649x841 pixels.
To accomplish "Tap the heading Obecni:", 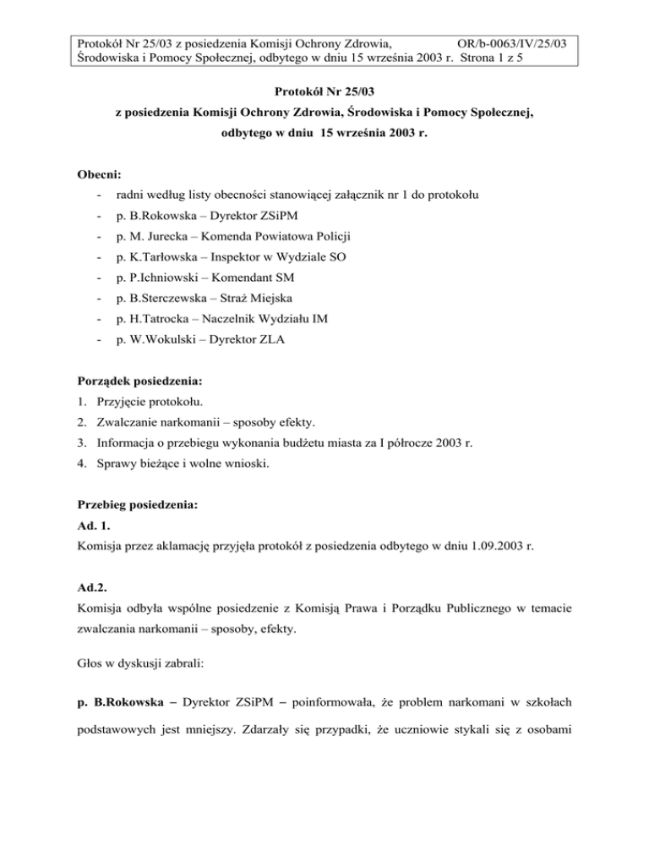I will [x=100, y=174].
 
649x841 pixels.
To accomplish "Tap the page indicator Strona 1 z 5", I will [x=528, y=58].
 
